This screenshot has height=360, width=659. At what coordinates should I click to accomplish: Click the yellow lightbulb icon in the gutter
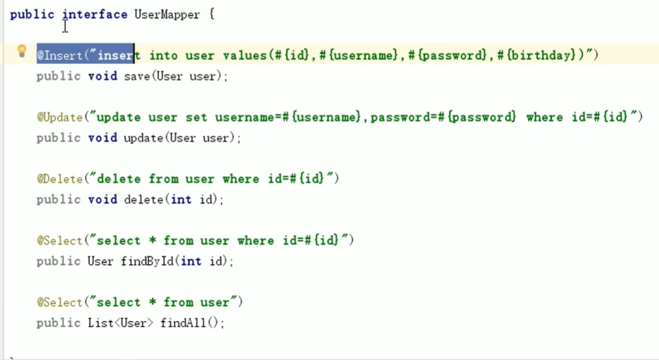point(22,51)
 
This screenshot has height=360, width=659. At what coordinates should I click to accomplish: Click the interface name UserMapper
point(167,14)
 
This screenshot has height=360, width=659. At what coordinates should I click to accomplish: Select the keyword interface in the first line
point(95,14)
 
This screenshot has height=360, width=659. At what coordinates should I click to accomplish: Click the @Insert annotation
point(59,55)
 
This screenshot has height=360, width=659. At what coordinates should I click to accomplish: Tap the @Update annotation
point(59,117)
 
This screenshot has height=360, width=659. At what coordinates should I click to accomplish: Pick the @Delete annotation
point(59,179)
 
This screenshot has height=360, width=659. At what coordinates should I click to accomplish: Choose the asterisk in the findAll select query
point(153,303)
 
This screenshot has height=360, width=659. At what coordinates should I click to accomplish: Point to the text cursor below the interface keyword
point(65,27)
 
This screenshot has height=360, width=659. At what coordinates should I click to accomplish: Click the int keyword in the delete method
point(181,200)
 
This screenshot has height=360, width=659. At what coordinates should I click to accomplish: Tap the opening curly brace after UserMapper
point(211,14)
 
